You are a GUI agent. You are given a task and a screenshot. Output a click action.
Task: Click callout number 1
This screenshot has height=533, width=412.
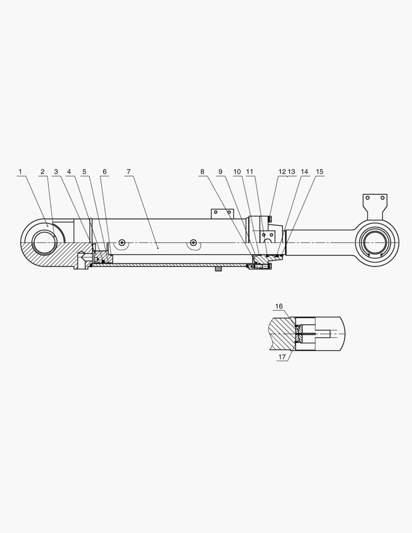pos(20,172)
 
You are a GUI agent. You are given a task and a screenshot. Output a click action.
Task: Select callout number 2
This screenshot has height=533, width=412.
pos(42,172)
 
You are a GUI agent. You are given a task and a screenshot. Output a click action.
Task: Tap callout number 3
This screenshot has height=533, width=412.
pos(56,172)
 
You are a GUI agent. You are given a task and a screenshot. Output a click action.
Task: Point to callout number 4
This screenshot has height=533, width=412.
pos(69,172)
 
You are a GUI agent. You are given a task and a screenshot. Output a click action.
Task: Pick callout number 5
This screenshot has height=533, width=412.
pos(84,172)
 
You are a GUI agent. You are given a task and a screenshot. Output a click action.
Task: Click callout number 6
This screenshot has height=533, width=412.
pos(104,172)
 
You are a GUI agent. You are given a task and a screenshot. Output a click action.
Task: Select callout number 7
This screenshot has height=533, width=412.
pos(128,172)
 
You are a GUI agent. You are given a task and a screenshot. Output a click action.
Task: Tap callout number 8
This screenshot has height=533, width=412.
pos(202,172)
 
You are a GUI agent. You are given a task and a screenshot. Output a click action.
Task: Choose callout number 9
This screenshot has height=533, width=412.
pos(221,172)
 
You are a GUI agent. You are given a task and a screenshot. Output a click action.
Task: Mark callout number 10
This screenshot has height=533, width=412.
pos(237,172)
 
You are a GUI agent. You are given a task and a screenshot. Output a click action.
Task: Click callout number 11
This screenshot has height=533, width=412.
pos(250,172)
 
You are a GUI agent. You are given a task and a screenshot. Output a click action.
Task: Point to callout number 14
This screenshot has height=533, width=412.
pos(304,172)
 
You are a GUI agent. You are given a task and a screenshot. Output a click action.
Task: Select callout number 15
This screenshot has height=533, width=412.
pos(320,172)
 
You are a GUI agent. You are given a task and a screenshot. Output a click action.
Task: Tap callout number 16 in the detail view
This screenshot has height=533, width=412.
pos(279,306)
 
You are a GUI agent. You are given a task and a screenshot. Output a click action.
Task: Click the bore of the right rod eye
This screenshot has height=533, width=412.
pos(376,243)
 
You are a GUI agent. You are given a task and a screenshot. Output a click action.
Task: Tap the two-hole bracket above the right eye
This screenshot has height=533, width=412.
pos(375,202)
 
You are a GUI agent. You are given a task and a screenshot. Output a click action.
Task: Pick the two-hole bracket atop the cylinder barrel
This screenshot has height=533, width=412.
pos(222,214)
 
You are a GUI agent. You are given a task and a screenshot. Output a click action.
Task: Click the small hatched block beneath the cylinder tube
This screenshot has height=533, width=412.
pos(218,269)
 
